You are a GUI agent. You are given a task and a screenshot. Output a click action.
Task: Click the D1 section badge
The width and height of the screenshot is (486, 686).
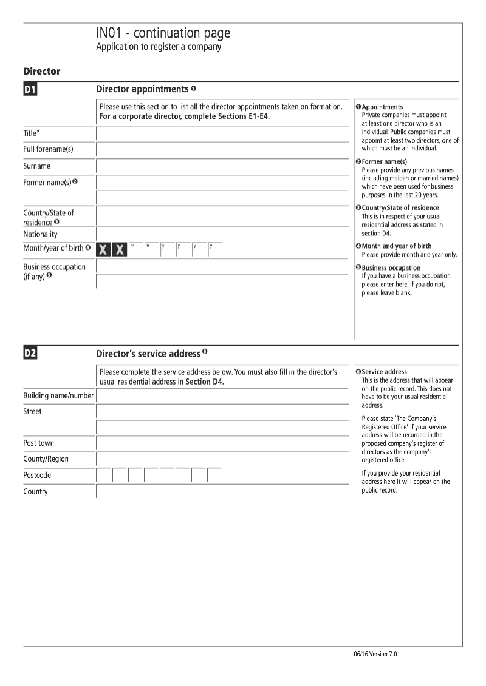[x=30, y=90]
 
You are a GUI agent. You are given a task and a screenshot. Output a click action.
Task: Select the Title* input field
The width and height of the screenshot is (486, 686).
[x=222, y=133]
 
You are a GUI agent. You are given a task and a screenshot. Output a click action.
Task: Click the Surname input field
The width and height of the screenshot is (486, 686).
[x=222, y=166]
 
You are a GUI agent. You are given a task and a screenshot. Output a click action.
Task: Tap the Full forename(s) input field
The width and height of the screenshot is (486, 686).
[x=222, y=150]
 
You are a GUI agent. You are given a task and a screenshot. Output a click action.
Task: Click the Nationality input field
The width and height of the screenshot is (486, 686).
[x=222, y=234]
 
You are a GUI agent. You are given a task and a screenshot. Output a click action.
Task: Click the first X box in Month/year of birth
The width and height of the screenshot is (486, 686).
[x=104, y=249]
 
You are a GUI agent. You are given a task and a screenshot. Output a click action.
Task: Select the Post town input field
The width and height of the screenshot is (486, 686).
[x=222, y=443]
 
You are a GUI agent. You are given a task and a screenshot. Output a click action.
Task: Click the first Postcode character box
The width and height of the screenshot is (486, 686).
[x=104, y=476]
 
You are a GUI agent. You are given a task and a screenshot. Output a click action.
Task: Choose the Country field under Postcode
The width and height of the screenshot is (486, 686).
[x=222, y=492]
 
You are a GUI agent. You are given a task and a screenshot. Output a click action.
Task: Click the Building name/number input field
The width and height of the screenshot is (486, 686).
[x=222, y=396]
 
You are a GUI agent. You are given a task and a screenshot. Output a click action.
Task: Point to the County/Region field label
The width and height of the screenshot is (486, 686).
[x=46, y=459]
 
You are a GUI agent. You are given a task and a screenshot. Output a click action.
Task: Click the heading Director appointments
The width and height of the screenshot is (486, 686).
[x=142, y=89]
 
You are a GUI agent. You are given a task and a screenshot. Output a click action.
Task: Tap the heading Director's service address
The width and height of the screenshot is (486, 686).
[x=148, y=354]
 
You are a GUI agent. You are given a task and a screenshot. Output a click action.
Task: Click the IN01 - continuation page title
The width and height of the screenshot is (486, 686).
[x=163, y=33]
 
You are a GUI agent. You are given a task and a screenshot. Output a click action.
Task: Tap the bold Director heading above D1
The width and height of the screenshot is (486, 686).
[x=42, y=72]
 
